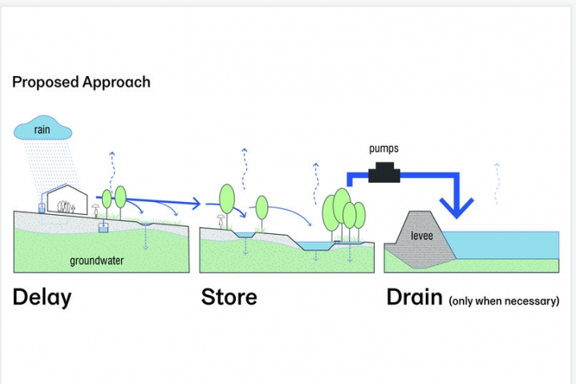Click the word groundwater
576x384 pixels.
pyautogui.click(x=95, y=261)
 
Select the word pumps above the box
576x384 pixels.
pyautogui.click(x=383, y=149)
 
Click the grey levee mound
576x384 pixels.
pyautogui.click(x=420, y=236)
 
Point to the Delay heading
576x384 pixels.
pyautogui.click(x=42, y=297)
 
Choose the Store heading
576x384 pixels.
pyautogui.click(x=229, y=297)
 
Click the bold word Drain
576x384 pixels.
pyautogui.click(x=414, y=297)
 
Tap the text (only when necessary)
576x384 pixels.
pyautogui.click(x=504, y=301)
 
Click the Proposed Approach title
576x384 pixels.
pyautogui.click(x=81, y=83)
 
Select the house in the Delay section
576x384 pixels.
pyautogui.click(x=67, y=199)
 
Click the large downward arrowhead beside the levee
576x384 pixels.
pyautogui.click(x=460, y=211)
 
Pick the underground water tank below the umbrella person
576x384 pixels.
pyautogui.click(x=103, y=229)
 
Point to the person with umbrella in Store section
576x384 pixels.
pyautogui.click(x=220, y=220)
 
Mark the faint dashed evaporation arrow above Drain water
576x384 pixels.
pyautogui.click(x=498, y=176)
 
